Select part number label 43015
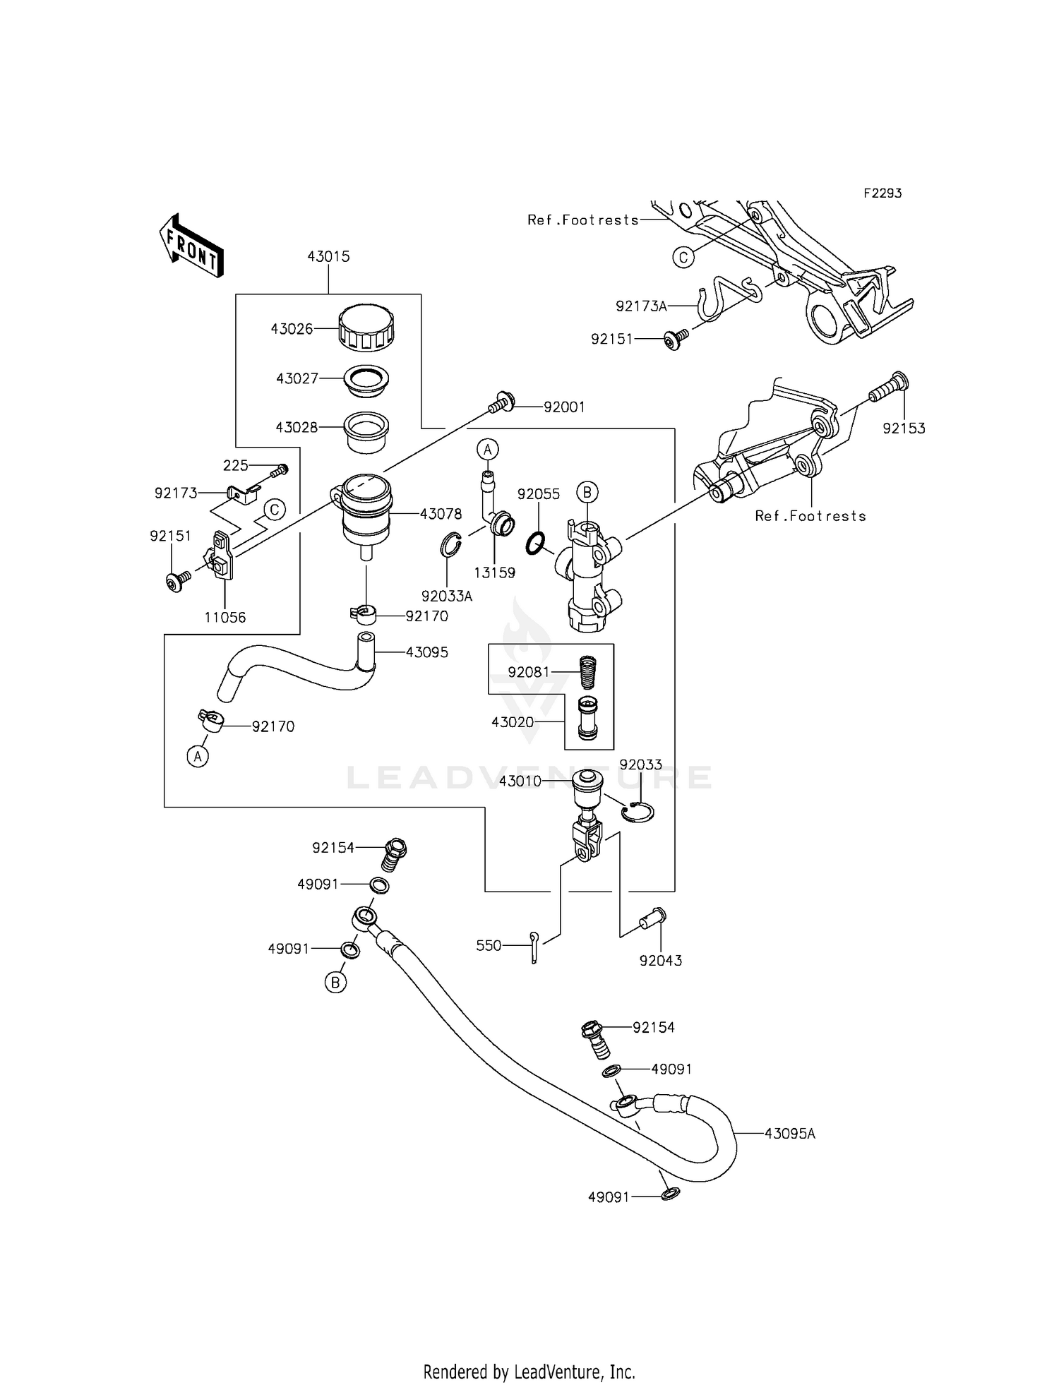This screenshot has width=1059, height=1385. (x=328, y=257)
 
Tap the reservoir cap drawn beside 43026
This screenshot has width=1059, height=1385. (x=366, y=328)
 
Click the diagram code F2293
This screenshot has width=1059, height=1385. (x=882, y=193)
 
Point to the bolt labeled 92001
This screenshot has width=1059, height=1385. (x=500, y=403)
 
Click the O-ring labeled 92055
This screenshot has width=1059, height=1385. (x=537, y=544)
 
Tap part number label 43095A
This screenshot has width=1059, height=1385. (x=789, y=1134)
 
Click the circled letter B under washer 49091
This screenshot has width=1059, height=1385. (x=335, y=982)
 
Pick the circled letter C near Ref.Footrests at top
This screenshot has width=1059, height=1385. (x=683, y=258)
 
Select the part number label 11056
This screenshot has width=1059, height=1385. (x=225, y=618)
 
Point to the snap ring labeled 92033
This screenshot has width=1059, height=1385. (x=639, y=812)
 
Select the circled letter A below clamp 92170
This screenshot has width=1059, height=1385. (x=198, y=757)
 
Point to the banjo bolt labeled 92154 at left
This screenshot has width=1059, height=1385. (x=396, y=853)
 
